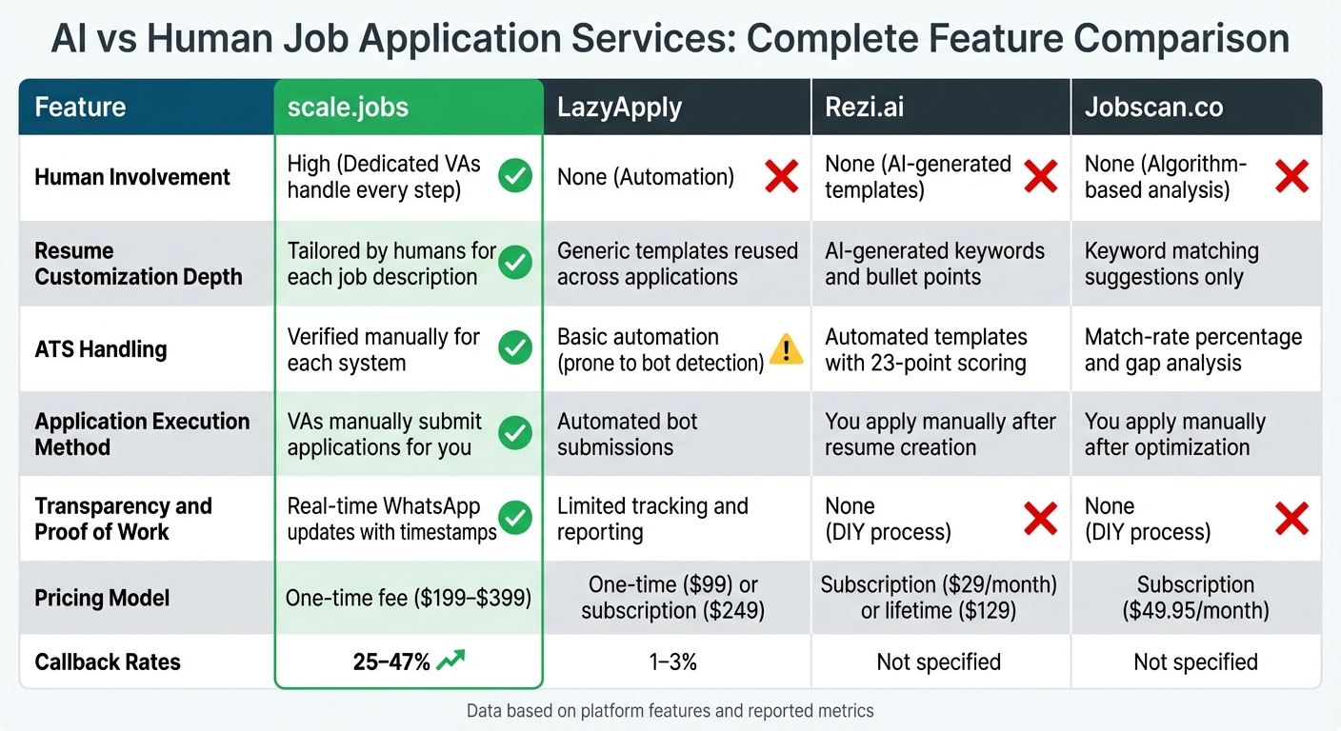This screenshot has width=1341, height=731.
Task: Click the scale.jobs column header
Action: [x=348, y=107]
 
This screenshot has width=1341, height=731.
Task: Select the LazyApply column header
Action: [x=619, y=107]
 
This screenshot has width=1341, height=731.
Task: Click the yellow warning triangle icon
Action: [x=786, y=350]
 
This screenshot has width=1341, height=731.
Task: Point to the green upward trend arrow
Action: [x=451, y=661]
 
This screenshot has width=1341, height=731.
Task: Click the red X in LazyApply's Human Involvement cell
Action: [x=781, y=177]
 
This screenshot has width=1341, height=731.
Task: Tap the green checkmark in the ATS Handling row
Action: [x=515, y=349]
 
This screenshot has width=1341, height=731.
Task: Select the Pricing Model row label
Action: [x=102, y=598]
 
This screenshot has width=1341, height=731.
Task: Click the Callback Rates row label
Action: [x=108, y=662]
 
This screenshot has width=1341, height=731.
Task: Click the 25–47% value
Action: [x=390, y=662]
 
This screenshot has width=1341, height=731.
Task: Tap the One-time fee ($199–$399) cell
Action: [x=409, y=598]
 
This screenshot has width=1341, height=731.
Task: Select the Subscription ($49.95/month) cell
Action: [x=1195, y=598]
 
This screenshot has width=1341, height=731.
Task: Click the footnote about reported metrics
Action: [x=670, y=710]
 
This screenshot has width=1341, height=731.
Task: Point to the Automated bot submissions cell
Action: [x=628, y=434]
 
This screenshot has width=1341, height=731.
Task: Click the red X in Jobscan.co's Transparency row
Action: [x=1291, y=519]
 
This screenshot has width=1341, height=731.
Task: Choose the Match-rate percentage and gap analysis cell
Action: [x=1192, y=349]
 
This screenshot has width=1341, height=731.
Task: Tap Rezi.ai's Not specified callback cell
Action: [x=938, y=662]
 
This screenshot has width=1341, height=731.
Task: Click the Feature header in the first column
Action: [x=80, y=107]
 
